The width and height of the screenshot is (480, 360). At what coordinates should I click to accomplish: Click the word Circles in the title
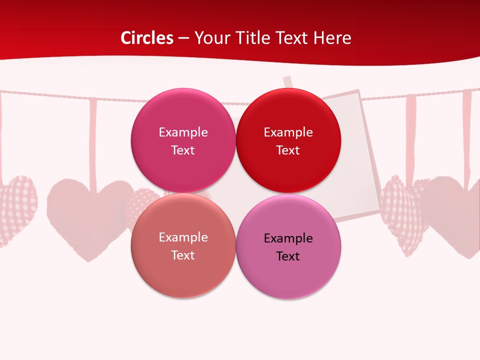coord(147,38)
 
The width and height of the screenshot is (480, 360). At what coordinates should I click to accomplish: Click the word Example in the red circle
coord(288,132)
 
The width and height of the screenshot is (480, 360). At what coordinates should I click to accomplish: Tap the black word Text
coord(288,256)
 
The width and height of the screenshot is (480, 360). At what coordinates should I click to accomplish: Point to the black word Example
coord(288,238)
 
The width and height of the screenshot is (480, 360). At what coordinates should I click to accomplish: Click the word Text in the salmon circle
coord(183,255)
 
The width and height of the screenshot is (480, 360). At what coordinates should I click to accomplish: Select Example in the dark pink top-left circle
coord(183,132)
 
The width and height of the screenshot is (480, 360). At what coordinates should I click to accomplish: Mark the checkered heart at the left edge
coord(17,207)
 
